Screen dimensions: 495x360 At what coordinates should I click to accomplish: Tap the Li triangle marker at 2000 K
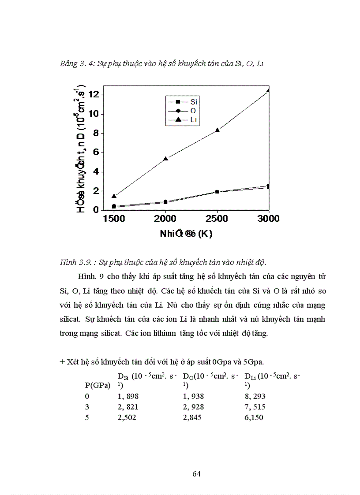(x=165, y=158)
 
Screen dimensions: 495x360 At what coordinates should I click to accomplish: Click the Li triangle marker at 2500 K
(x=217, y=130)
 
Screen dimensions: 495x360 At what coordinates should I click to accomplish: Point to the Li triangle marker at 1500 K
(x=114, y=196)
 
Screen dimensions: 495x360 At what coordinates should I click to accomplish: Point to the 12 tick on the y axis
(x=93, y=95)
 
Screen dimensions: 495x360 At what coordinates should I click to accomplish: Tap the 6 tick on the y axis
(x=96, y=153)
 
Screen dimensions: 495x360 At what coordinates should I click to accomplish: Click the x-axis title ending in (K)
(x=186, y=234)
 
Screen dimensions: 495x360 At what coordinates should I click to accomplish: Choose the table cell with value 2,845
(x=192, y=417)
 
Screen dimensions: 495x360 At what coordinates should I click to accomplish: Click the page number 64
(x=197, y=474)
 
